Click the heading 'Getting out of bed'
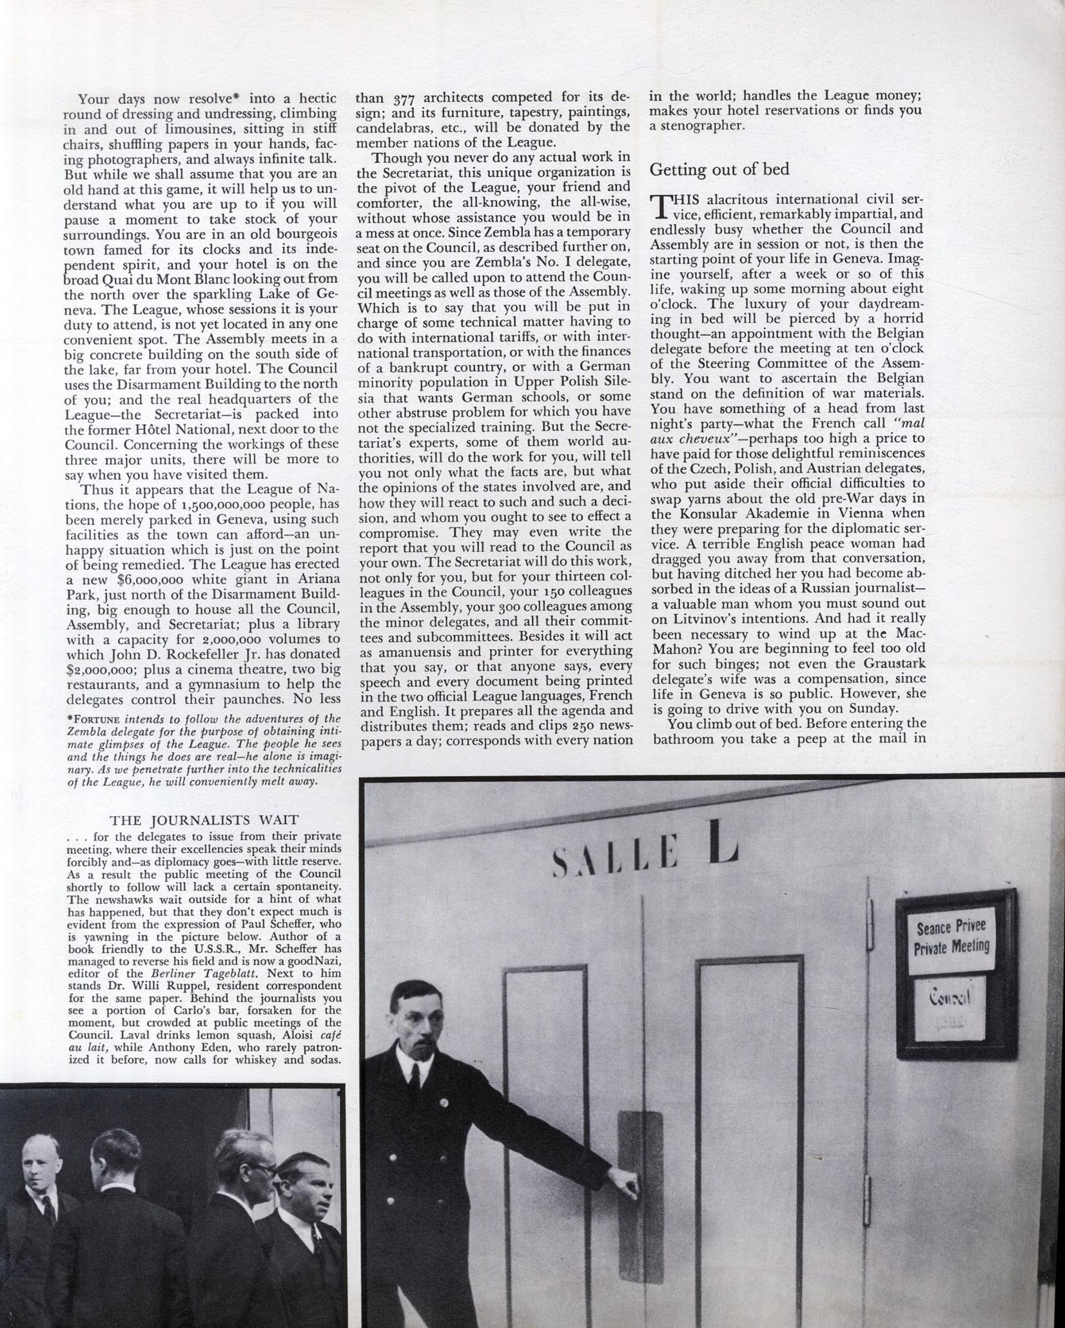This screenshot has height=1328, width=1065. click(x=719, y=170)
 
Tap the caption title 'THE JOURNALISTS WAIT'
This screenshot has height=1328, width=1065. click(x=204, y=821)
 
